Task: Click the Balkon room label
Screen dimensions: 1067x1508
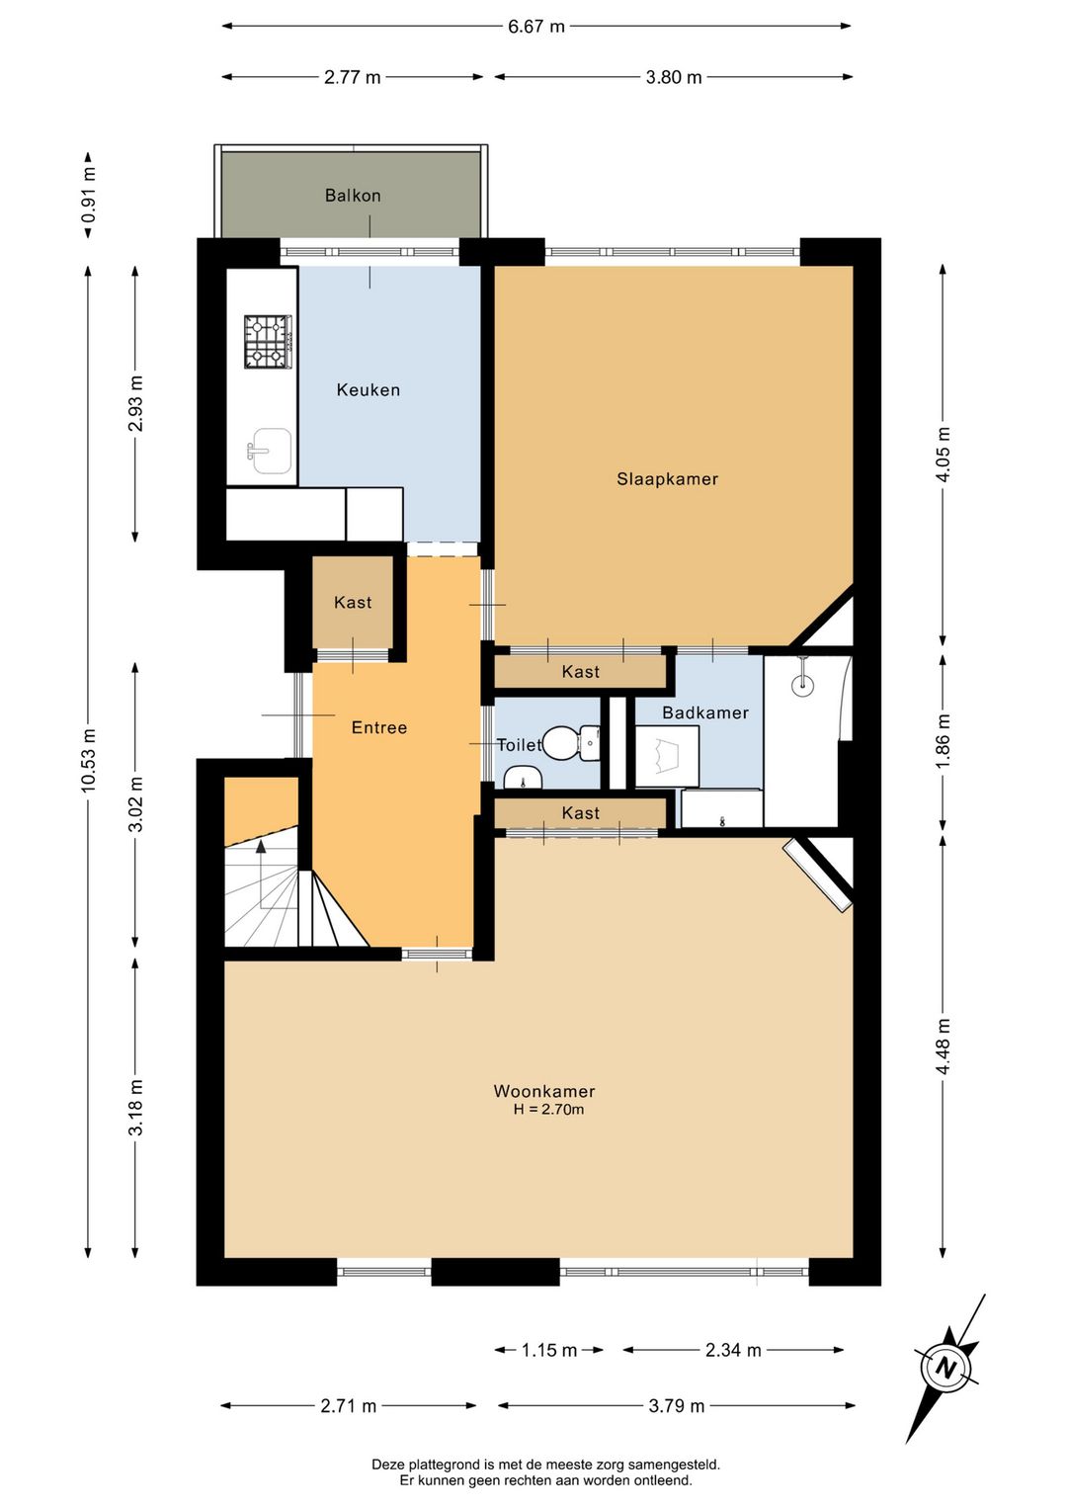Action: [353, 196]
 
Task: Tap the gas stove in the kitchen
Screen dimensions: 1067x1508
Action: [269, 342]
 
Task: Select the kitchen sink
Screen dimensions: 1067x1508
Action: [269, 451]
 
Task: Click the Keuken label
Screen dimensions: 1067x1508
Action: [369, 389]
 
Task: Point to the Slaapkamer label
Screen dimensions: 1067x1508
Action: [667, 478]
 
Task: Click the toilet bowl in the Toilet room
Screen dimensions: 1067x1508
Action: [570, 743]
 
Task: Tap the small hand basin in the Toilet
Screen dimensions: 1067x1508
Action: [524, 777]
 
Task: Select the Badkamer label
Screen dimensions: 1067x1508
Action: [704, 712]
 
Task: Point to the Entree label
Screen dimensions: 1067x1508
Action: [379, 727]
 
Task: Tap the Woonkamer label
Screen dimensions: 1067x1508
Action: [544, 1091]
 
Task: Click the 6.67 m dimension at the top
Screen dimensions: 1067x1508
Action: [535, 27]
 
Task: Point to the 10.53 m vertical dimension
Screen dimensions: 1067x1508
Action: [88, 760]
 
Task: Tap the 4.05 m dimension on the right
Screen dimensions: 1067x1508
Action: [944, 455]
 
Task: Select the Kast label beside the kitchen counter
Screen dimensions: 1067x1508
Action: [353, 602]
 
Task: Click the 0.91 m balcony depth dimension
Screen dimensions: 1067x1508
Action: [88, 195]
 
